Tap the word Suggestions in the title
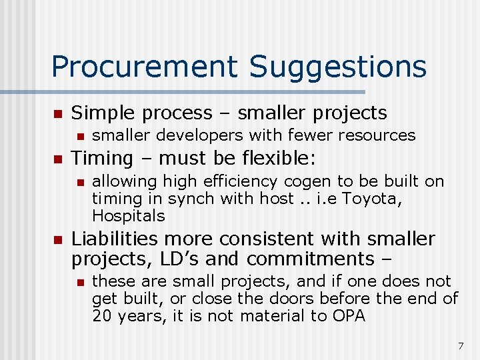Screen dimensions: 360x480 coord(338,67)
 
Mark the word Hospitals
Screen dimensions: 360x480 coord(128,216)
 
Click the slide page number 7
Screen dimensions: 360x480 coord(460,345)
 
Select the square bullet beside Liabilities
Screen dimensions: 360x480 coord(57,239)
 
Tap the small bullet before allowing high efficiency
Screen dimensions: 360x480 coord(79,182)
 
